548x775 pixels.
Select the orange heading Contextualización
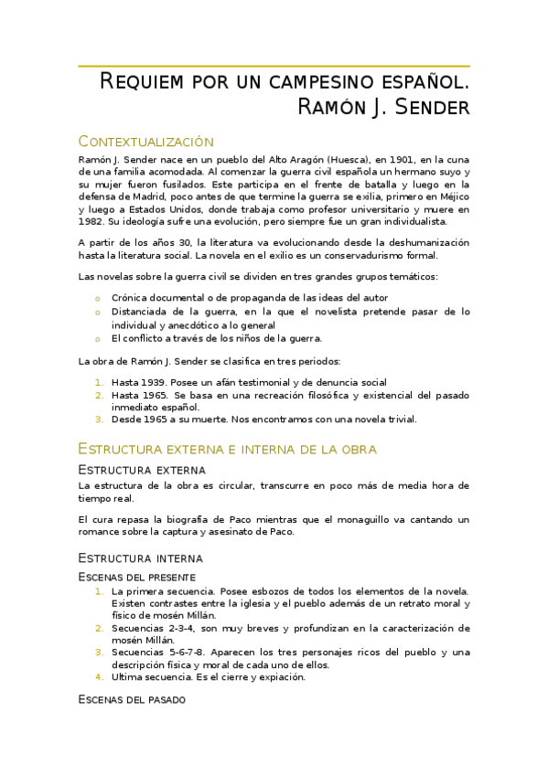click(145, 142)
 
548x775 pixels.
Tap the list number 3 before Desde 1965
click(100, 419)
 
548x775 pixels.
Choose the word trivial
click(399, 419)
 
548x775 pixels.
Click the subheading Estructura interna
click(140, 557)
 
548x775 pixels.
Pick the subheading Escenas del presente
click(136, 577)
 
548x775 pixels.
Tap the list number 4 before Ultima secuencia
click(100, 677)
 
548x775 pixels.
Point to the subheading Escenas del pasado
click(132, 699)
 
